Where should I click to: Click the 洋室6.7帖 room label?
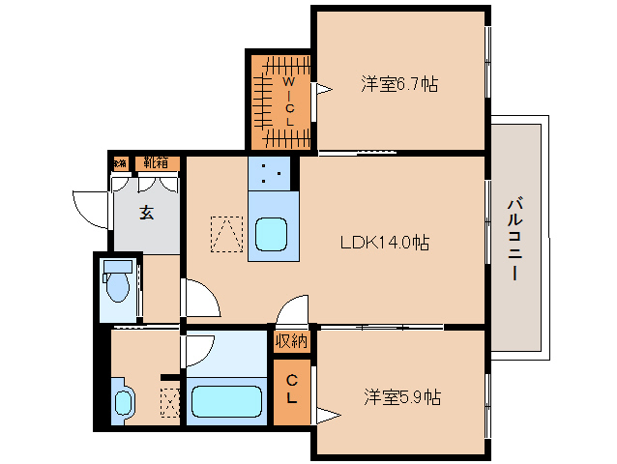click(x=399, y=85)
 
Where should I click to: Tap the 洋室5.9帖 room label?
click(x=402, y=396)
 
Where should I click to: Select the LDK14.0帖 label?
click(x=384, y=244)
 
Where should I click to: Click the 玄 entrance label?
click(x=146, y=214)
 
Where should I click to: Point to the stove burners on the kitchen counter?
click(x=271, y=175)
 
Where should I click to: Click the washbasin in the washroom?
click(x=122, y=403)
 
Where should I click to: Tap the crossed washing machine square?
click(x=169, y=403)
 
